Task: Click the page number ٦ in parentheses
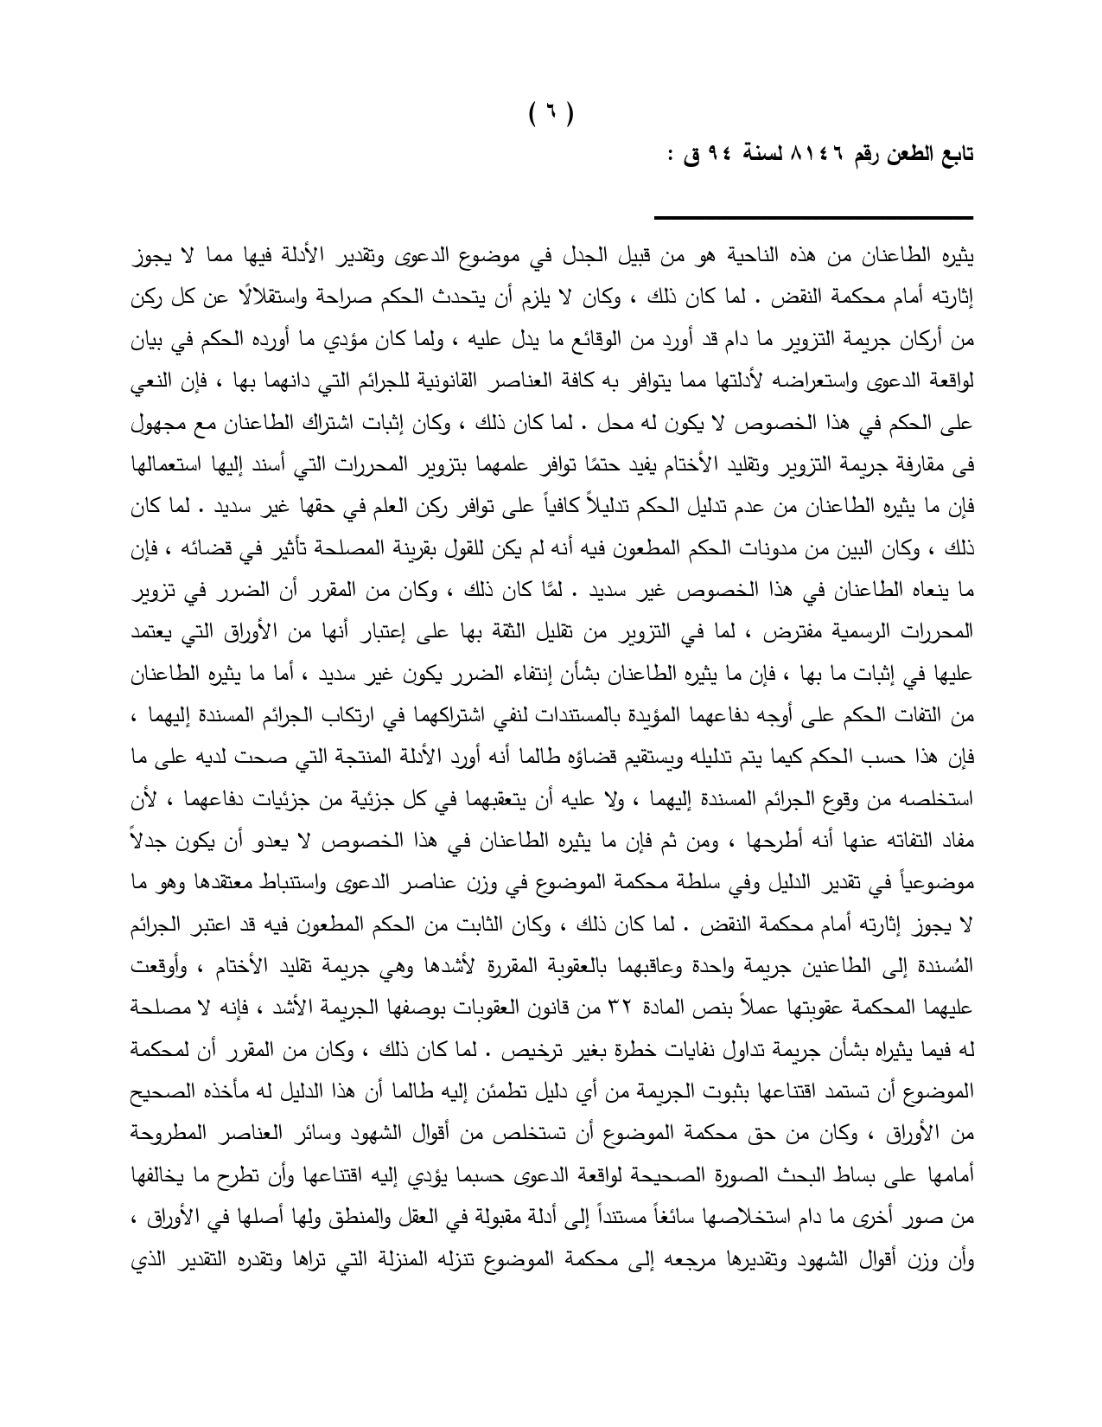click(x=551, y=112)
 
